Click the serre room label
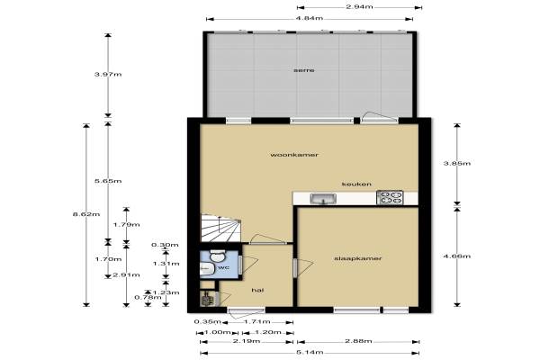tap(303, 70)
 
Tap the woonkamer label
tap(294, 155)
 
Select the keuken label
tap(356, 184)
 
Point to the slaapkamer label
tap(358, 258)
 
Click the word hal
tap(257, 291)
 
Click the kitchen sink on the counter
tap(323, 199)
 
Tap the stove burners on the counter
tap(390, 198)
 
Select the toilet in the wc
tap(217, 256)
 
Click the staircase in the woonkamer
tap(220, 229)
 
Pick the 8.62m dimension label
tap(86, 214)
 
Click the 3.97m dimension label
tap(108, 75)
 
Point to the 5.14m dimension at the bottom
tap(310, 353)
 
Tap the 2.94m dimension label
tap(359, 7)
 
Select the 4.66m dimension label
tap(456, 256)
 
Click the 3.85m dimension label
tap(456, 163)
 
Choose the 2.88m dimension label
tap(358, 341)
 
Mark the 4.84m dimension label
tap(310, 18)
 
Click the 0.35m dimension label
tap(207, 322)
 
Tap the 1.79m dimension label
tap(126, 225)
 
